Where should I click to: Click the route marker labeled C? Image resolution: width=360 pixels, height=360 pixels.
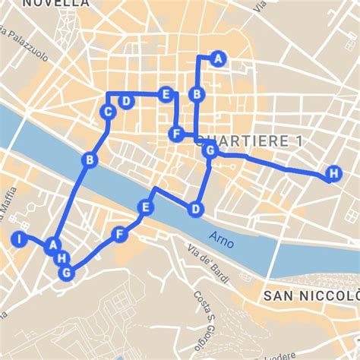pos(108,112)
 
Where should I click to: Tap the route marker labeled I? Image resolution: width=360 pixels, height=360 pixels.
pos(18,240)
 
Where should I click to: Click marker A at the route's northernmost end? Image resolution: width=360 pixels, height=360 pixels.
pos(218,58)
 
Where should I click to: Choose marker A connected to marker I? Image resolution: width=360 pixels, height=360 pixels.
pos(52,245)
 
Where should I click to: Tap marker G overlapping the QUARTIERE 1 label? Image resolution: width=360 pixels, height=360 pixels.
pos(210,151)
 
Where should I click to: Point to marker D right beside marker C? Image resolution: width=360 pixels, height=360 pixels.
pos(126,101)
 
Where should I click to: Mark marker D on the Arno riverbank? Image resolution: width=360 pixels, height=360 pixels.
pos(195,208)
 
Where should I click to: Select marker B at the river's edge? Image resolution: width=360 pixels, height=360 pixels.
pos(90,160)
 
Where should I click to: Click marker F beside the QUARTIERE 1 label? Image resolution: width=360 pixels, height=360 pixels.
pos(176,134)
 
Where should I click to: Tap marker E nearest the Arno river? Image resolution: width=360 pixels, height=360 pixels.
pos(146,207)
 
